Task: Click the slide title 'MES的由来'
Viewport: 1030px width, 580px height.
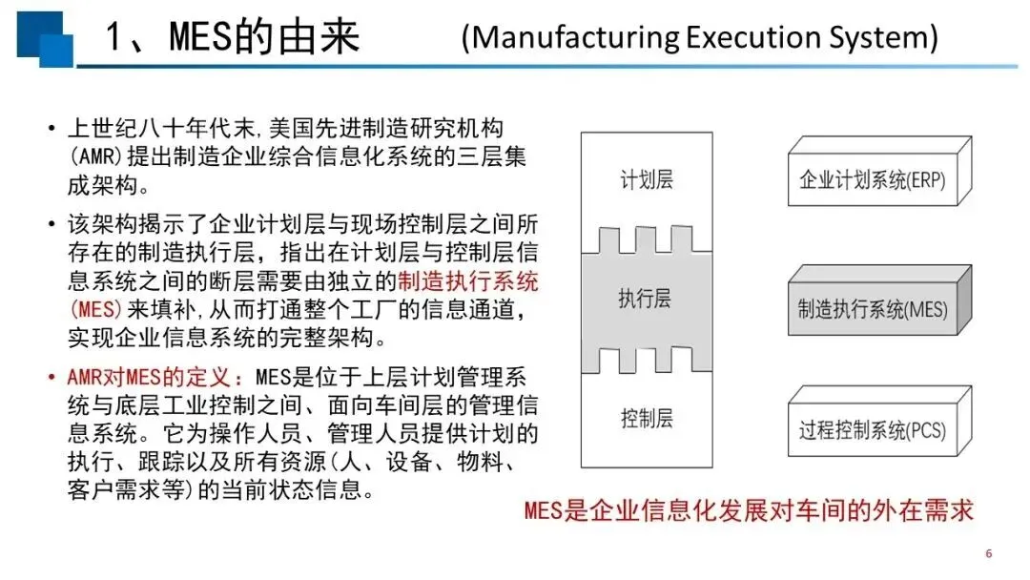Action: click(x=264, y=36)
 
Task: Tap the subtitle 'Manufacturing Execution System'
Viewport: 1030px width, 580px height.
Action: click(x=700, y=37)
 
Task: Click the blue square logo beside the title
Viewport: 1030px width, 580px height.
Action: click(x=45, y=39)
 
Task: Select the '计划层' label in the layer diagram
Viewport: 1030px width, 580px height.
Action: click(x=647, y=179)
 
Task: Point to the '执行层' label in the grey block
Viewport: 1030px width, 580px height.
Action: click(x=645, y=299)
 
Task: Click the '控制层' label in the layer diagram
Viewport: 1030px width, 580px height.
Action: click(x=647, y=419)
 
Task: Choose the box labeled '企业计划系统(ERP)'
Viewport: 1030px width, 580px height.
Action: click(x=879, y=172)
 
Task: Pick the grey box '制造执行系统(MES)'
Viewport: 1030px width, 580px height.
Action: click(x=879, y=300)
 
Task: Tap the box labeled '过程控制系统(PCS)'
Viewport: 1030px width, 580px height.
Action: click(x=879, y=421)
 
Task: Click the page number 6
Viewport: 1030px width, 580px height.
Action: click(x=989, y=553)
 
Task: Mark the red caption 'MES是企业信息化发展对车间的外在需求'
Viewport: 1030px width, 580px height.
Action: click(x=749, y=510)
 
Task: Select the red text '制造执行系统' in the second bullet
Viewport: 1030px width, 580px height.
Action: click(x=467, y=281)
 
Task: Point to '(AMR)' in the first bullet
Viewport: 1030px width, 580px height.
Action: click(x=95, y=156)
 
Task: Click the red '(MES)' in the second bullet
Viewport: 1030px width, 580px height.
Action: click(x=95, y=309)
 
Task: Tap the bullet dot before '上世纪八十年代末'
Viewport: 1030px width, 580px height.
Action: click(x=51, y=128)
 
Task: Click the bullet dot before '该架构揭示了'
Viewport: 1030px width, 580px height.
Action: click(x=51, y=224)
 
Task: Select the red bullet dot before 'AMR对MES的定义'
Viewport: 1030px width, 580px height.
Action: click(x=51, y=378)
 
